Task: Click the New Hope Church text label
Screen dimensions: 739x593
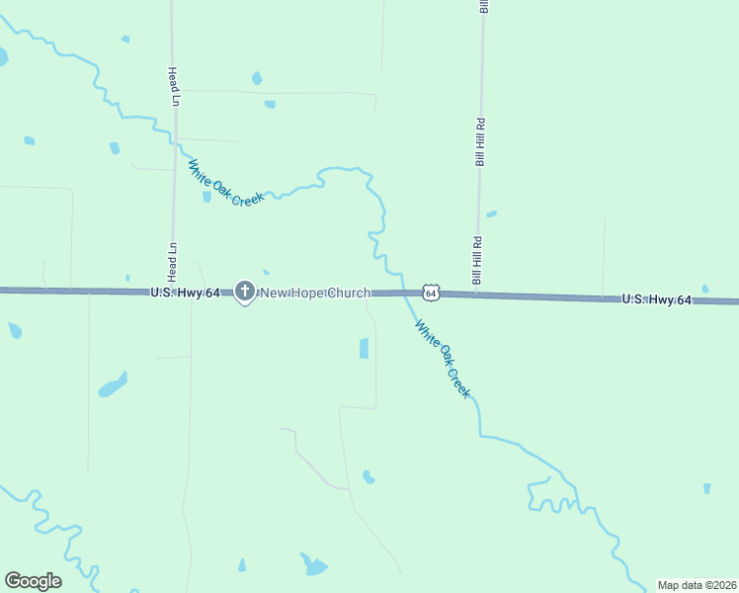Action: tap(314, 293)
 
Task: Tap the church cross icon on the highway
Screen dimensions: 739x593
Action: tap(244, 292)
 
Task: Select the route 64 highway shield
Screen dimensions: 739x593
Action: tap(430, 293)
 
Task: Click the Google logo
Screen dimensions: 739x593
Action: tap(33, 581)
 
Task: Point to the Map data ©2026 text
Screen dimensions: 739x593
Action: tap(697, 585)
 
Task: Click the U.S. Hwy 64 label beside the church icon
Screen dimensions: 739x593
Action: tap(185, 293)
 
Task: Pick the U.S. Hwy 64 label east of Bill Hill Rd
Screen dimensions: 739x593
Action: tap(656, 298)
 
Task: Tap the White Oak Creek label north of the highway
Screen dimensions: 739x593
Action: tap(226, 183)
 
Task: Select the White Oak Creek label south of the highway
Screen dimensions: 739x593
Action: tap(443, 358)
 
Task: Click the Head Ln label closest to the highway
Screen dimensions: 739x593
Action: tap(173, 258)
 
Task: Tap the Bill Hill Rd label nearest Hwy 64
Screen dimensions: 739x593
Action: tap(477, 261)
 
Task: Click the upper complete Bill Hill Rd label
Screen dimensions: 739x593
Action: tap(480, 142)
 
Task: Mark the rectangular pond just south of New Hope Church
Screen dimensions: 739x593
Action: tap(364, 348)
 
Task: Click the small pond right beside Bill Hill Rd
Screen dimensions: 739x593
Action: tap(491, 213)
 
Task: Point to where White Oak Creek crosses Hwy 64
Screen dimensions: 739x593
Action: tap(405, 293)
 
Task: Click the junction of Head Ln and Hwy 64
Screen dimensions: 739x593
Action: tap(175, 291)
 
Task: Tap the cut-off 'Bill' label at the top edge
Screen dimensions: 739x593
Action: tap(484, 6)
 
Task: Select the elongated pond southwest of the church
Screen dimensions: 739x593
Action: tap(113, 384)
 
